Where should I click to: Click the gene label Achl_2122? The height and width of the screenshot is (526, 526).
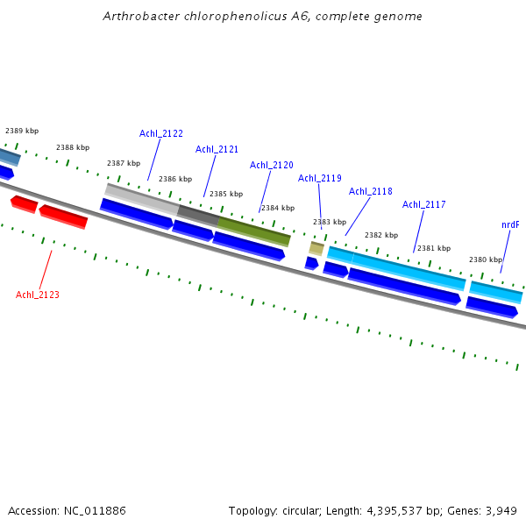(161, 133)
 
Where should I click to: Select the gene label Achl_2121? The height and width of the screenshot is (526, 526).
(217, 149)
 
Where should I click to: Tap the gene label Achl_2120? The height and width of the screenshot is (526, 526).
(272, 165)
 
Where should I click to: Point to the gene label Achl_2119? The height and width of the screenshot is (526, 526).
(320, 178)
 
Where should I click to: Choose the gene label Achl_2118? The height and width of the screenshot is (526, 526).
(371, 191)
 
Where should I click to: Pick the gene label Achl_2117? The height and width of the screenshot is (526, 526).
(424, 204)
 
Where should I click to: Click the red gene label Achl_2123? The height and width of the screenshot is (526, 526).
(38, 295)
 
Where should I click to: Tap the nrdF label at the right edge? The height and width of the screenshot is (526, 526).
(510, 224)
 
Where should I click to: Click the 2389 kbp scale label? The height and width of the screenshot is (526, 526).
(22, 131)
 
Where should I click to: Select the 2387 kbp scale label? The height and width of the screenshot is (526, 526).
(124, 163)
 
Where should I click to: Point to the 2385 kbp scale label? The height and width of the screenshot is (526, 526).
(226, 194)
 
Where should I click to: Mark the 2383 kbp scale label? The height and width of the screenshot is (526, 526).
(330, 222)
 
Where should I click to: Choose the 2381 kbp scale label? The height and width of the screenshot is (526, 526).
(434, 248)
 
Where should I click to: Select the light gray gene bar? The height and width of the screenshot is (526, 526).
(140, 198)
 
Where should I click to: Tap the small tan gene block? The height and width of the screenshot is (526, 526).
(316, 248)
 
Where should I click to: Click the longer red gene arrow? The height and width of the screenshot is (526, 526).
(63, 216)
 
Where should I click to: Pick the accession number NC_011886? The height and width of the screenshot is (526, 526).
(94, 510)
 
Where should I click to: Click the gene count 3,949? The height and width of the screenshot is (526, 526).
(501, 510)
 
